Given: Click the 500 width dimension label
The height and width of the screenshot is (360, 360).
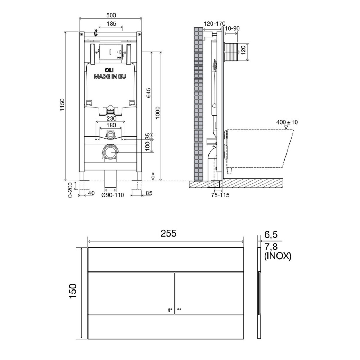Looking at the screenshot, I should pos(111,15).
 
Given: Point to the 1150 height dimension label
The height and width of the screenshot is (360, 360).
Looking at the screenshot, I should pos(62,105).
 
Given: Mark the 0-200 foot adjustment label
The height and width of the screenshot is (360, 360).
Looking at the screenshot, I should pos(71,189).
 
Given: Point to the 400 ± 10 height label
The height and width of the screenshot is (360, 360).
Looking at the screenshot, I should pos(287,122).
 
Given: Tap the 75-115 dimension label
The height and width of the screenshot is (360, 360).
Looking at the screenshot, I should pos(219,195).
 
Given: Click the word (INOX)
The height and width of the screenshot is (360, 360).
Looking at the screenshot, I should pos(278,257).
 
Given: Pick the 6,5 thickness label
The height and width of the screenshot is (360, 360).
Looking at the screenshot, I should pos(271,235).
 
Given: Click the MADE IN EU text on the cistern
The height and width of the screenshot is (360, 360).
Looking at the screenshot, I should pos(111,76).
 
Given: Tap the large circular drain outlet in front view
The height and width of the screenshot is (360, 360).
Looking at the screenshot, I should pos(110,152).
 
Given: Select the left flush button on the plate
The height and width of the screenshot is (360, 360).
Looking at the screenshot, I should pos(131,293).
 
